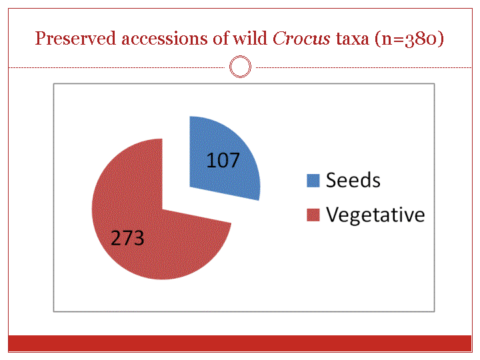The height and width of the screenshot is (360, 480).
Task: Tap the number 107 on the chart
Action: [223, 161]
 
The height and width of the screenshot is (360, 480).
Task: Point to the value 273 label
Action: [127, 238]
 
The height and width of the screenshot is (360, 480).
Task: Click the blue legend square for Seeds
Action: [313, 180]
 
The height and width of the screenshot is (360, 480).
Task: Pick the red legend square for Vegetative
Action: [313, 215]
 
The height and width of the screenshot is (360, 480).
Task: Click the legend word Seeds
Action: [353, 180]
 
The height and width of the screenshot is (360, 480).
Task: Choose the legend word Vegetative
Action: [375, 215]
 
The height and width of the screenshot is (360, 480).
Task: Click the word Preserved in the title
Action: [75, 39]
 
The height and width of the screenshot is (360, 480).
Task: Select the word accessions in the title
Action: [165, 39]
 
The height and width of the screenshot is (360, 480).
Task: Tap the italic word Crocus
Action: [301, 39]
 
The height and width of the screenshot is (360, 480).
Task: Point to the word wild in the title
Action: [250, 39]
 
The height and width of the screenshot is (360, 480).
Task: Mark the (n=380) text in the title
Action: [409, 39]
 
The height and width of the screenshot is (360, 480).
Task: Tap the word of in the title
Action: [221, 39]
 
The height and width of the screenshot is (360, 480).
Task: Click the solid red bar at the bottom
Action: [240, 343]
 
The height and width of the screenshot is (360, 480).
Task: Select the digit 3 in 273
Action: [139, 238]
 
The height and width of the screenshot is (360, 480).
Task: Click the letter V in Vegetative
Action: [333, 214]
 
